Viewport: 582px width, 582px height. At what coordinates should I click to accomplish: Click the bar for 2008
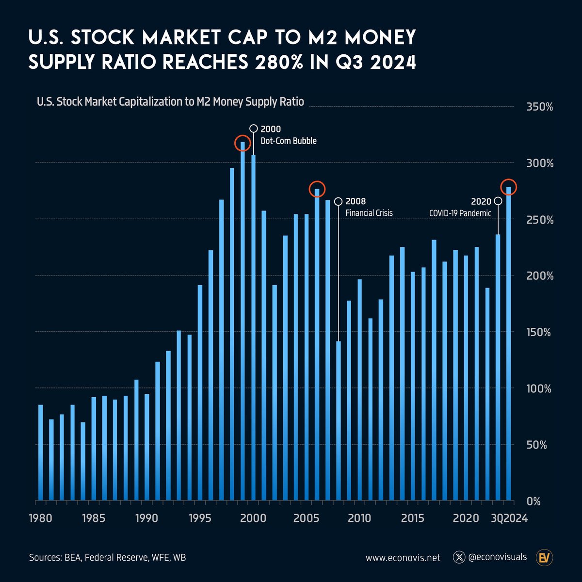tap(339, 420)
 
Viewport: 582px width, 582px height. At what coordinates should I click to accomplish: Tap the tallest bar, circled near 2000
tap(242, 320)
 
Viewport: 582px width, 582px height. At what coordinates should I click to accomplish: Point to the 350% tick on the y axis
tap(539, 107)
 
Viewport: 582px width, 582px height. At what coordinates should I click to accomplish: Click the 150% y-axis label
tap(539, 333)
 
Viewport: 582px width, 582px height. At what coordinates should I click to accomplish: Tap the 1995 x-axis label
tap(200, 518)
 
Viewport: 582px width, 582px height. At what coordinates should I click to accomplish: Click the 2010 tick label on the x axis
tap(359, 518)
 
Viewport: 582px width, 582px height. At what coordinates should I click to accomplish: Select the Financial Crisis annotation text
tap(369, 213)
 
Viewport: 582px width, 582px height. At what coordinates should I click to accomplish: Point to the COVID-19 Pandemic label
tap(460, 213)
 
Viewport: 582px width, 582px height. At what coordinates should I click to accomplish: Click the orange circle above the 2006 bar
tap(317, 189)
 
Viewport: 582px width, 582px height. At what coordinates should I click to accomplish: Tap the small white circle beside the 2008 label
tap(339, 201)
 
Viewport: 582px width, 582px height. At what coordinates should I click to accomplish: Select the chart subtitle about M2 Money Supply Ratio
tap(170, 102)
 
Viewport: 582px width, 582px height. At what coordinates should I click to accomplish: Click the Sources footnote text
tap(107, 558)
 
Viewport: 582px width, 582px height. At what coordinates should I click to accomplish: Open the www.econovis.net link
tap(403, 558)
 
